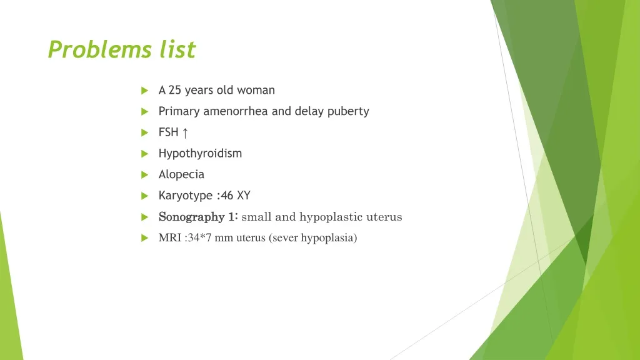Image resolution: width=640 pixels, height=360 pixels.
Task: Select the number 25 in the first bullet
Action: [x=175, y=90]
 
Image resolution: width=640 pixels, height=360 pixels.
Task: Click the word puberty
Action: [x=348, y=111]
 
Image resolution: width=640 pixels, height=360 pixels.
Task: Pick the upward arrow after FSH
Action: [x=185, y=132]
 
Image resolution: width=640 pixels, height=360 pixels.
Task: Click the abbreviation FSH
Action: [x=168, y=132]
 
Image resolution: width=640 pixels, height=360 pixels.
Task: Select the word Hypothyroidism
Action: [x=200, y=153]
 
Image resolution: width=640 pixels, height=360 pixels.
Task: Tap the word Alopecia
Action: [x=181, y=174]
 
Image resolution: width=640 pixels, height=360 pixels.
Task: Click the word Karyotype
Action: [x=186, y=196]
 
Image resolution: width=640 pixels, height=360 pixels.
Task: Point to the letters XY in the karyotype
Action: [x=244, y=196]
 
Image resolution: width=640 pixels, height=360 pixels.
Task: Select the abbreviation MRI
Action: [x=170, y=237]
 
